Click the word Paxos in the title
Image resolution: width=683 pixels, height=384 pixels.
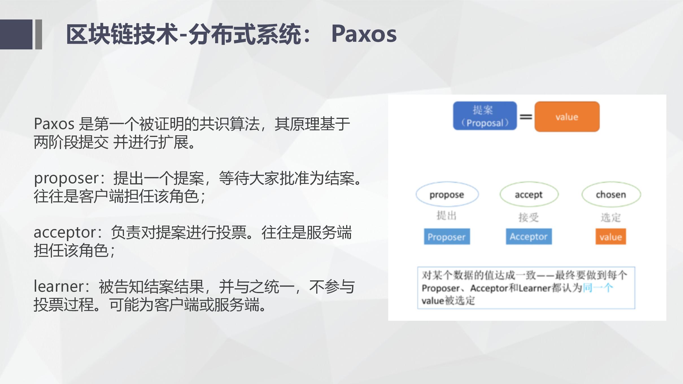click(x=364, y=34)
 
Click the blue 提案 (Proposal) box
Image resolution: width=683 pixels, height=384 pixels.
click(x=485, y=116)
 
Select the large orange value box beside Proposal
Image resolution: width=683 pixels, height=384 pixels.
click(x=567, y=117)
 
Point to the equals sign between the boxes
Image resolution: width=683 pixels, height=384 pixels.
click(x=526, y=117)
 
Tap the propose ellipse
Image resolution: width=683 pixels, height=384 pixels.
click(x=447, y=194)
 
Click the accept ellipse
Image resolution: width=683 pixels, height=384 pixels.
click(x=529, y=194)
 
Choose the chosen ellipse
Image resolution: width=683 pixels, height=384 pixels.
click(x=611, y=194)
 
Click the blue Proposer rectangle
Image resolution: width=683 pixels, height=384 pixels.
click(x=447, y=237)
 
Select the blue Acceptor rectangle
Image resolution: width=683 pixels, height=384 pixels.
click(x=529, y=237)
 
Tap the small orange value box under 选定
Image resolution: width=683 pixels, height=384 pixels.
click(x=611, y=237)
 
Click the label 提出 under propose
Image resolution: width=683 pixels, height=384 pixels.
click(x=446, y=216)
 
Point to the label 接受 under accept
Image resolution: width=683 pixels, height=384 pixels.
click(x=529, y=217)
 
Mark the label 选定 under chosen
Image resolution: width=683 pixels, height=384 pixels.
click(x=611, y=217)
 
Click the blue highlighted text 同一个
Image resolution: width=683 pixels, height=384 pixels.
click(x=598, y=288)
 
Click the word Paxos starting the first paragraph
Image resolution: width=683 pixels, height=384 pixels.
click(x=54, y=124)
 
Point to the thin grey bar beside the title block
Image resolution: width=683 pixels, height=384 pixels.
click(x=39, y=34)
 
